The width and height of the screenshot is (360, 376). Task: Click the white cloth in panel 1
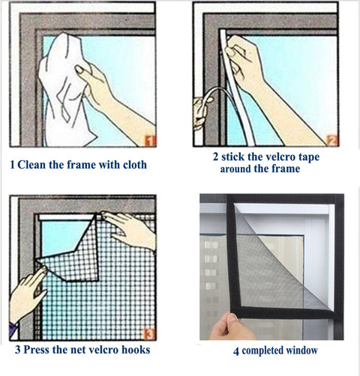point(64,90)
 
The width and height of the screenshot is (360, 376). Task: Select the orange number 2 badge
point(331,139)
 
